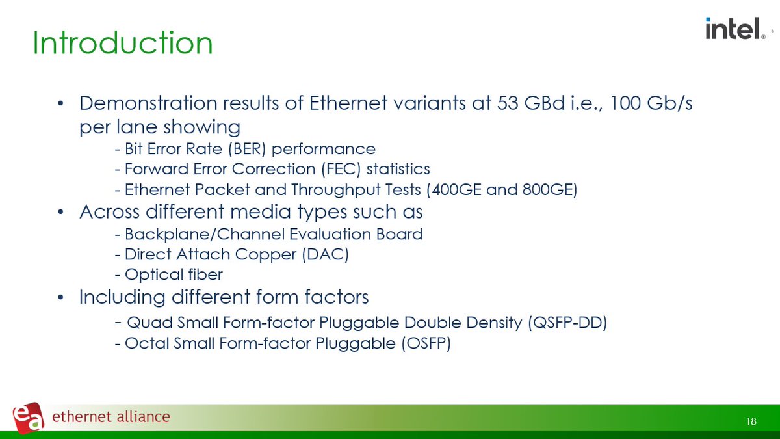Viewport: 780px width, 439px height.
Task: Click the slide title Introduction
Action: click(122, 44)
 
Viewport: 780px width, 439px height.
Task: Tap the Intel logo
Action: click(733, 29)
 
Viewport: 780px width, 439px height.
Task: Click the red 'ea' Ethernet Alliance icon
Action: click(28, 416)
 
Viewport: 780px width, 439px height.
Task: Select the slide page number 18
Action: click(751, 422)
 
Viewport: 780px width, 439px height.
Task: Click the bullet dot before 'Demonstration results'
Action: click(60, 105)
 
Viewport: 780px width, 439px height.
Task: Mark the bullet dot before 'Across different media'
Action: click(60, 213)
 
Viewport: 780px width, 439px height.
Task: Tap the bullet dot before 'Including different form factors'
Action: click(60, 298)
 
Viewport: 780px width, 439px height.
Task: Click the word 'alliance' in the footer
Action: click(138, 417)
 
